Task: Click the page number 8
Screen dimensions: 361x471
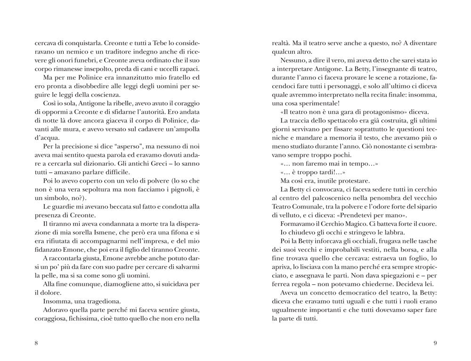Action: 36,343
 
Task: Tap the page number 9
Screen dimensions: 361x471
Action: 435,343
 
